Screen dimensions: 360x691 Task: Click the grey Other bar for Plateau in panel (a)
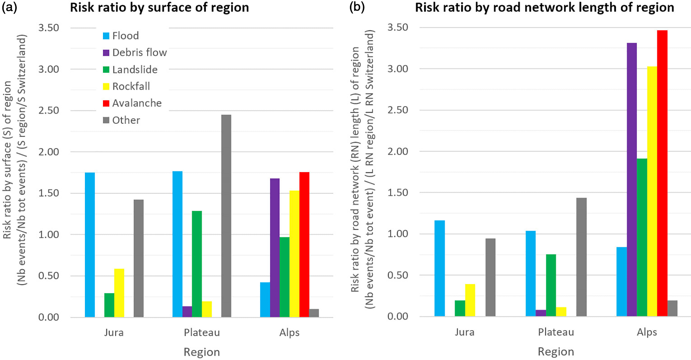click(226, 216)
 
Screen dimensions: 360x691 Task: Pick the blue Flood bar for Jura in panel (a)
click(90, 245)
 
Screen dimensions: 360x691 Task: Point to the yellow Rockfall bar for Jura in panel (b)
click(470, 300)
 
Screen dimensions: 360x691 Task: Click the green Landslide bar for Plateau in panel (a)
click(197, 264)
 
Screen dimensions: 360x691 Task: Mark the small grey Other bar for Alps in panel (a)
click(314, 313)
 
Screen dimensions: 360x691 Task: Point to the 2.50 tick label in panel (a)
click(48, 110)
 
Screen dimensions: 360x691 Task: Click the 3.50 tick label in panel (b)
click(397, 27)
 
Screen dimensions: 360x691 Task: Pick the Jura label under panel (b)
click(464, 332)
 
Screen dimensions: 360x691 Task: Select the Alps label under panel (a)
click(289, 333)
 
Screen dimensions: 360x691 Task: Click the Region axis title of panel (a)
click(202, 352)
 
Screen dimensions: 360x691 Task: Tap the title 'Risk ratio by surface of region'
click(159, 8)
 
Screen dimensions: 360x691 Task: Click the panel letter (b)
click(356, 7)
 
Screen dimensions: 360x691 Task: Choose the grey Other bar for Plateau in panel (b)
click(581, 257)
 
